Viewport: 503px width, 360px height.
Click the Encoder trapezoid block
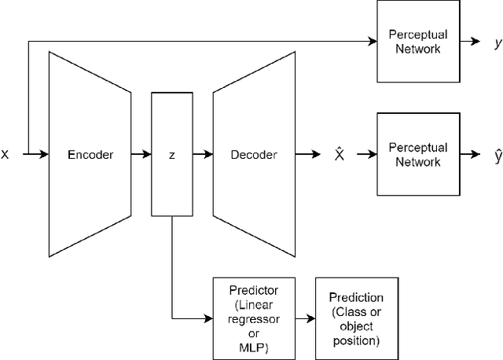(90, 155)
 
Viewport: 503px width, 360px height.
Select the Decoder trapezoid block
(253, 155)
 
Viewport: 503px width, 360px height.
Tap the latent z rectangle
(171, 155)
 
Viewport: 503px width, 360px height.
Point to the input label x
(6, 155)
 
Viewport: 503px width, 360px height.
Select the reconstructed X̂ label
(339, 155)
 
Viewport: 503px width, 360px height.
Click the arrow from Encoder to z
(141, 155)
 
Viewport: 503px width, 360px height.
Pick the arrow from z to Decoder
(202, 155)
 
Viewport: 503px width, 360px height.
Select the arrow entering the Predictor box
(196, 319)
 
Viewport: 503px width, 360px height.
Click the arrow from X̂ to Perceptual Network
(365, 155)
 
